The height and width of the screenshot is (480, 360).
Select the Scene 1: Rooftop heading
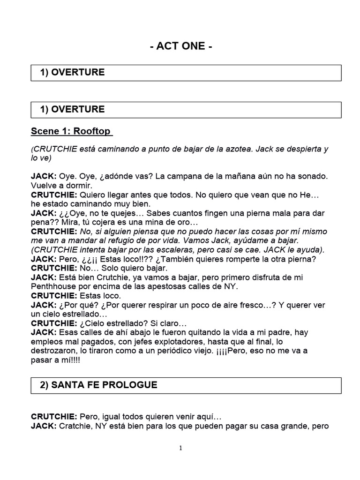pyautogui.click(x=72, y=131)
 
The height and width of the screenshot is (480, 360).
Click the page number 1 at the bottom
pyautogui.click(x=180, y=448)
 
